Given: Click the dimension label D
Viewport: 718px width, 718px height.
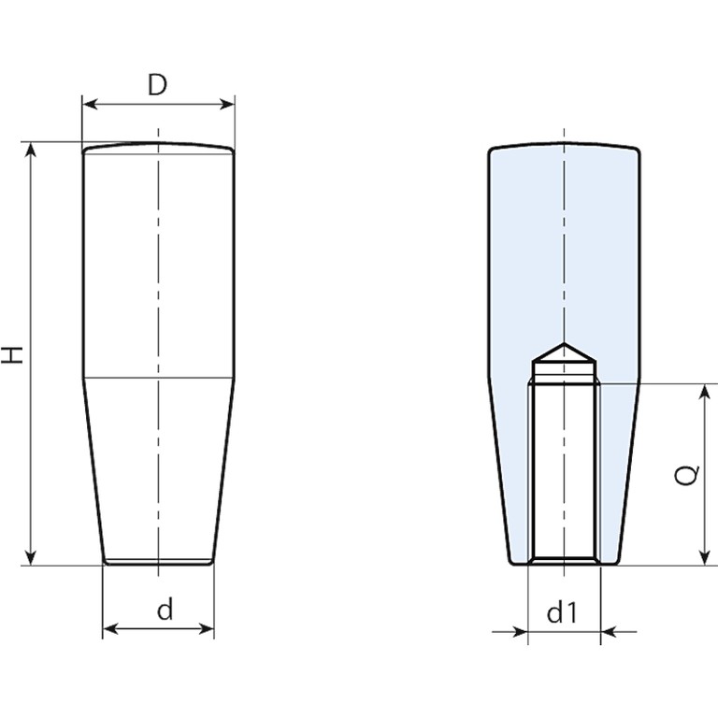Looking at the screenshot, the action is click(157, 85).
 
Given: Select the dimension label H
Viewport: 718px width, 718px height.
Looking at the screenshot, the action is click(12, 355).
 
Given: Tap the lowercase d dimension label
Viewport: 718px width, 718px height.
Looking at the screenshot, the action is click(165, 610).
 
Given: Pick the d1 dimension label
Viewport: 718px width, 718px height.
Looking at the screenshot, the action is click(563, 612).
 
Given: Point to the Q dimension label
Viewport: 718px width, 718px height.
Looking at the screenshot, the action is click(687, 475).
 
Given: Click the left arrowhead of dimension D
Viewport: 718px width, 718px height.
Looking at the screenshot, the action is click(89, 105).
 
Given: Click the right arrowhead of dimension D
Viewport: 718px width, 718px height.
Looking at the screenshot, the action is click(227, 105).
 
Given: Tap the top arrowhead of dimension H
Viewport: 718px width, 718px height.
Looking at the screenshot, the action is click(31, 150).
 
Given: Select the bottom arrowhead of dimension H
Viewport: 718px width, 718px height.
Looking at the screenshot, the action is click(31, 558).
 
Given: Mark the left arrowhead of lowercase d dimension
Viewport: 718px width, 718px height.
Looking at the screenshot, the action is click(110, 628).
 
